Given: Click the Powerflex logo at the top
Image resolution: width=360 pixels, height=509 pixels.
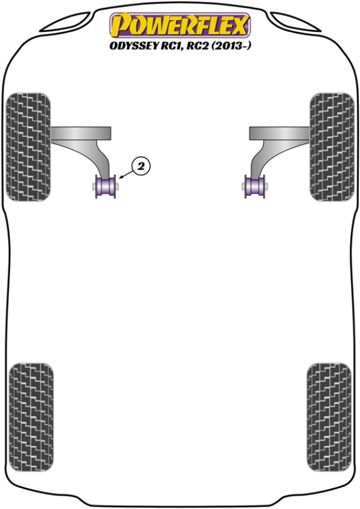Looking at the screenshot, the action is coord(180,25).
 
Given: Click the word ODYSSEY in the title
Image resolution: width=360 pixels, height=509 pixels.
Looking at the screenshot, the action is coord(133,46).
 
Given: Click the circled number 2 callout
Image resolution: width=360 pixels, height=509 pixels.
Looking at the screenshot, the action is coord(141,166).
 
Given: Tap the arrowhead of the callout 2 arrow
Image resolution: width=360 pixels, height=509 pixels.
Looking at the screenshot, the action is coord(121,177).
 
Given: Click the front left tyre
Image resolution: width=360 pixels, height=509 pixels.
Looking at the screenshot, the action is coord(28,146).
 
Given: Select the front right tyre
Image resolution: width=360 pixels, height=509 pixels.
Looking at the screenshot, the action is coord(332,146).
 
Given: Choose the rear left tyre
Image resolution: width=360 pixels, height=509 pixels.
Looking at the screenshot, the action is coord(31,417).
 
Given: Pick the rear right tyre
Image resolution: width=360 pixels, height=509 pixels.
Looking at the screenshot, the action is coord(329,417).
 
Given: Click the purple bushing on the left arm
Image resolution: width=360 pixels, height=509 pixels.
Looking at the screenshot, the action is coord(106,187).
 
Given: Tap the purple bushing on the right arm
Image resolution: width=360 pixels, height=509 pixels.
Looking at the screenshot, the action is coord(255,187).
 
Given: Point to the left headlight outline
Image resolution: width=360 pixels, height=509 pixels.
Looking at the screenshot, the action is coord(66,22).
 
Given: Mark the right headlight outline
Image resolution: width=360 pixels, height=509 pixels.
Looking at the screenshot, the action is coord(295,22).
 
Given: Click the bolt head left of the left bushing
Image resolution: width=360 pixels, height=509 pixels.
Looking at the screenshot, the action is coord(94,187).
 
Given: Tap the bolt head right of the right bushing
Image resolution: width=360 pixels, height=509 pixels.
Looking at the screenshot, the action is coord(266,187).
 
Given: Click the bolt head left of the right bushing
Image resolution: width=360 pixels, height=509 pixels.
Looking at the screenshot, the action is coord(244,187).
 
